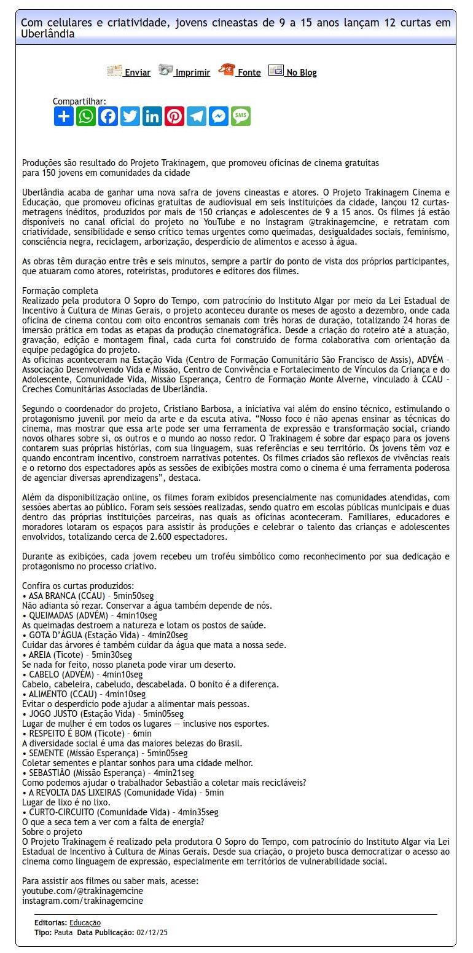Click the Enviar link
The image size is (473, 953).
pos(136,73)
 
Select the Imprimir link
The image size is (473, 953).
pos(192,73)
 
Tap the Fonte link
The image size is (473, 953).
pos(248,73)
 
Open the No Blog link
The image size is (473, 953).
pos(301,73)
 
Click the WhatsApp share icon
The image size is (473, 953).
pos(86,116)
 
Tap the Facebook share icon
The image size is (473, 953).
pos(108,116)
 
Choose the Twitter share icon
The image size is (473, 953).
pos(130,116)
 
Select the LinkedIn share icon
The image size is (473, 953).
pos(152,116)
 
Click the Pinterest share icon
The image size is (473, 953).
pos(174,116)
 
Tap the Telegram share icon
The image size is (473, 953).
pos(197,116)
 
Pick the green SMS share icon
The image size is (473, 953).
pos(241,116)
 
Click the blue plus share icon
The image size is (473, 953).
pos(64,116)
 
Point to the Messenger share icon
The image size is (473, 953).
pos(219,116)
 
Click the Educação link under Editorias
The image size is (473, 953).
pos(85,923)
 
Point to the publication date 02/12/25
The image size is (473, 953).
pos(152,933)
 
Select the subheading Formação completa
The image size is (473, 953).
pos(60,291)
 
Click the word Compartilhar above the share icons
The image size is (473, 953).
pos(79,101)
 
